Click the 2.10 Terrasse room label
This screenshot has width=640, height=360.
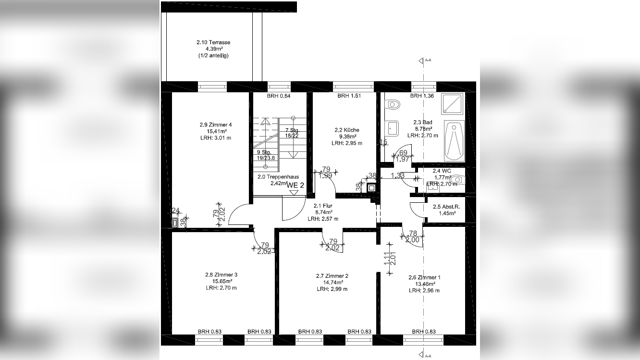coord(213,42)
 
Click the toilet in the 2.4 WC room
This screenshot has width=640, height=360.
coord(457,179)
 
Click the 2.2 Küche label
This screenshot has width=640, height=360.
coord(347,130)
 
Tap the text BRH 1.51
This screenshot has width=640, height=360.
coord(349,96)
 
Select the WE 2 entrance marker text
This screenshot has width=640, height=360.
coord(295,185)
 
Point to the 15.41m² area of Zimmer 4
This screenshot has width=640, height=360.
coord(213,131)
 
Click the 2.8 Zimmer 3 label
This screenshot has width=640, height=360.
coord(219,275)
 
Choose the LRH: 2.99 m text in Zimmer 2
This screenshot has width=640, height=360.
coord(332,289)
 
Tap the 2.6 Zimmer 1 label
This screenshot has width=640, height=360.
coord(424,277)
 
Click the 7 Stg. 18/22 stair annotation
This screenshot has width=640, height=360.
coord(292,133)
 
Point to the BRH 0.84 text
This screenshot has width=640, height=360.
coord(279,96)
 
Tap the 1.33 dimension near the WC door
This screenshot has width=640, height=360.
coord(397,175)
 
